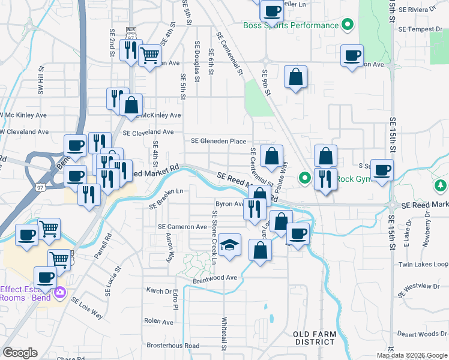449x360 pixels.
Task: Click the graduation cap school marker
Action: [229, 246]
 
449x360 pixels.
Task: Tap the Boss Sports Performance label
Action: [291, 25]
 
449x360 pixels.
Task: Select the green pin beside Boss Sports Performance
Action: [347, 25]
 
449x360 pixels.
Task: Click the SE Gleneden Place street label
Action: [218, 141]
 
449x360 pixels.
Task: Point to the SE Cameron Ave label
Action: [182, 227]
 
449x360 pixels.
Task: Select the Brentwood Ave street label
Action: [215, 278]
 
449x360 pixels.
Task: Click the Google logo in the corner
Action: [20, 352]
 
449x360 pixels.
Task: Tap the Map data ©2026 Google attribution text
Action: [411, 355]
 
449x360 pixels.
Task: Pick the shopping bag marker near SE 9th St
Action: [295, 77]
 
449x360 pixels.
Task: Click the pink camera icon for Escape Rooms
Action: [59, 292]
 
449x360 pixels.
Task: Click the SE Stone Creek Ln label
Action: [214, 238]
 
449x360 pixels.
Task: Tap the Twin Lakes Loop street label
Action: [423, 265]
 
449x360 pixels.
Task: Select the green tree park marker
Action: [441, 185]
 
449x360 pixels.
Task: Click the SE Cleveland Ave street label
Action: [148, 132]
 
